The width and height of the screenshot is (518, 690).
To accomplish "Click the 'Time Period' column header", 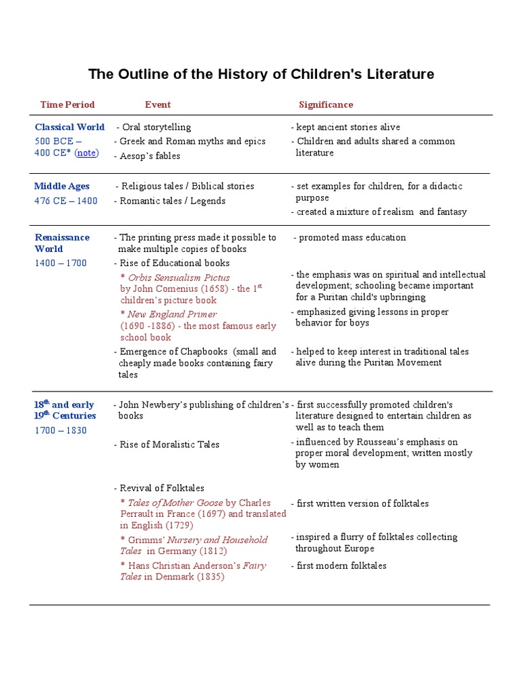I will click(x=67, y=104).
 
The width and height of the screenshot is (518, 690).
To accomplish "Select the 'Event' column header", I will click(x=158, y=104).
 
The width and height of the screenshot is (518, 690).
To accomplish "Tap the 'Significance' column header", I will click(x=326, y=104).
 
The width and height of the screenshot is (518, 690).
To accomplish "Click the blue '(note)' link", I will click(x=86, y=153).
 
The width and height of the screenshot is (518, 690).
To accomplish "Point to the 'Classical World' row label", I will click(x=69, y=127).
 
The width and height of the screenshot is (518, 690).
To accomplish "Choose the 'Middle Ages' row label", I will click(x=62, y=186).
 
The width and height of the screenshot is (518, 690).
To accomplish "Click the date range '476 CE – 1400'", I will click(x=66, y=201).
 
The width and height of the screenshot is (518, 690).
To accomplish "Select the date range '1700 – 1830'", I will click(x=61, y=431).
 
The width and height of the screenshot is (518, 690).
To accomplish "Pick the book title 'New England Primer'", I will click(x=172, y=314).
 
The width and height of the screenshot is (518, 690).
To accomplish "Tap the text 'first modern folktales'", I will click(x=341, y=565).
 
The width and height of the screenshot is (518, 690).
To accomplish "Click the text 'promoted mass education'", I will click(x=352, y=237).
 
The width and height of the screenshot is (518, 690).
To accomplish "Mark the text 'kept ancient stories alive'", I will click(x=347, y=127).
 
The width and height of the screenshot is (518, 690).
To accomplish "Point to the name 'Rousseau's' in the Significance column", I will click(x=378, y=442).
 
